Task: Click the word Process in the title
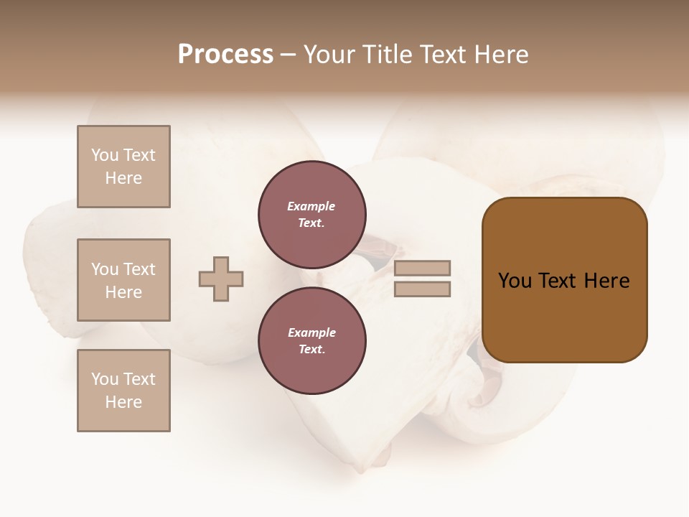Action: point(225,55)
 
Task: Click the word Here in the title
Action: point(500,55)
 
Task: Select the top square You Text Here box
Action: point(123,167)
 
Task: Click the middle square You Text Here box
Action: point(123,280)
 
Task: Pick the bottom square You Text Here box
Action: point(123,391)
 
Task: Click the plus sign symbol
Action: point(221,279)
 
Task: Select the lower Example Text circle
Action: point(312,341)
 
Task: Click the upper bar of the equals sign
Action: point(422,268)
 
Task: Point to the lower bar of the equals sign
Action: point(422,289)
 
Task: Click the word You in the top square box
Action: point(105,155)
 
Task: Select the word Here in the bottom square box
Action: point(123,402)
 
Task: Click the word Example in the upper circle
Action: point(311,206)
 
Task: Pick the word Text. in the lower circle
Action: point(311,350)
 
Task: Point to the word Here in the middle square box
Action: point(123,292)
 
